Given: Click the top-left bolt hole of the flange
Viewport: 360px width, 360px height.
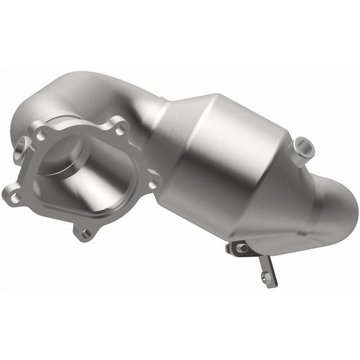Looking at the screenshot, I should point(42,134).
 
